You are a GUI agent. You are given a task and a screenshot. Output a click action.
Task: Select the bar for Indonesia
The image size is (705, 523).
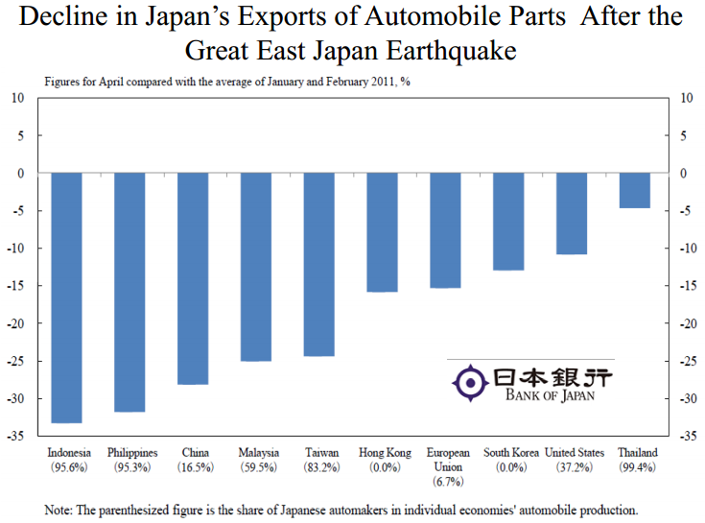(66, 297)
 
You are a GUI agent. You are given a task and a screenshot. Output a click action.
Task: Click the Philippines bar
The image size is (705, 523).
(129, 293)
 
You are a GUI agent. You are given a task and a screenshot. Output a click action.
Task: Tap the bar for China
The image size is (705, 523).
(193, 278)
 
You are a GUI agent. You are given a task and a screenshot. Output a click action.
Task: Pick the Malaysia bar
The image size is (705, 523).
(256, 267)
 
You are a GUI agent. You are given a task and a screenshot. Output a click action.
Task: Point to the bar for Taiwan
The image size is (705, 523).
(318, 264)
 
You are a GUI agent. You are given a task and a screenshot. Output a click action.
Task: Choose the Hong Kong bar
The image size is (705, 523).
(382, 232)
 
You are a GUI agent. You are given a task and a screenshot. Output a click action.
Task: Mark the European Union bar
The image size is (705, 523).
(445, 230)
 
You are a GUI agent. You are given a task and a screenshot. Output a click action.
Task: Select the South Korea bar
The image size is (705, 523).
(507, 222)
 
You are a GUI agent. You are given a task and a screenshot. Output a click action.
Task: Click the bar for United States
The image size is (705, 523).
(571, 214)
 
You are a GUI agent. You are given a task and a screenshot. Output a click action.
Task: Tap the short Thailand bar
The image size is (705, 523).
(634, 190)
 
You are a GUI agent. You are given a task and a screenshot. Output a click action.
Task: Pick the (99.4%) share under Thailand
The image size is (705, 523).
(638, 466)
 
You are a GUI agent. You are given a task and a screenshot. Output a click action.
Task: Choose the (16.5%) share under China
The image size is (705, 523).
(196, 466)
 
